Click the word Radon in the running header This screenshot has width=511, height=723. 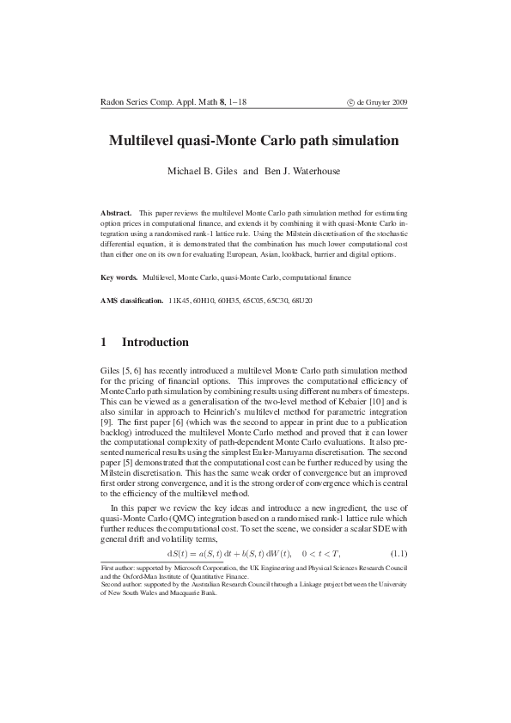113,102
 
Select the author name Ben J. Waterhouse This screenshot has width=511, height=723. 301,171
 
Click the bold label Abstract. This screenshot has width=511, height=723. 117,211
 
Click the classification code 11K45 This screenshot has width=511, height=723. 179,302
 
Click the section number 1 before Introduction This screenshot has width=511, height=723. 105,343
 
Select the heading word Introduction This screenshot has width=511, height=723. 155,343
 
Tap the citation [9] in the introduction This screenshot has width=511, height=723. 106,423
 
